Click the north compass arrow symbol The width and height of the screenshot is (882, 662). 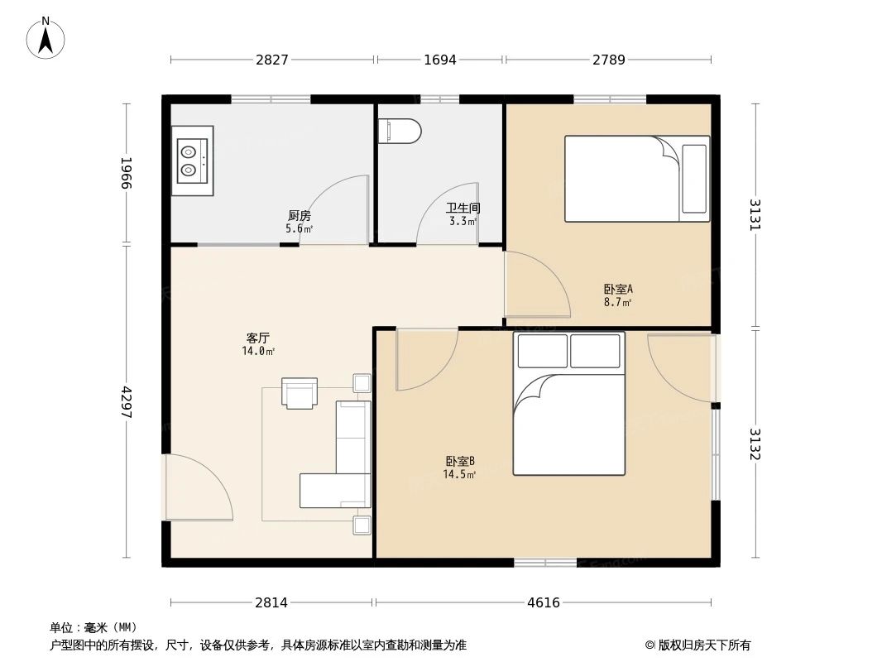tap(46, 39)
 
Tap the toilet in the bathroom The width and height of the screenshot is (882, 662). tap(400, 131)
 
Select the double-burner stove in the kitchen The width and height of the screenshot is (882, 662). tap(193, 161)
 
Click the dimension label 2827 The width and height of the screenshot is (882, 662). tap(272, 60)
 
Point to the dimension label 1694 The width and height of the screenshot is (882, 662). tap(440, 60)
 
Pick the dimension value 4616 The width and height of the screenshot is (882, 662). tap(544, 603)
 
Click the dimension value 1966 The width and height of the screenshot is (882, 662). tap(126, 173)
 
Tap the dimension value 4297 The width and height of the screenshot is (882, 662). tap(126, 402)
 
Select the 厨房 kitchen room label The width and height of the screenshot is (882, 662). tap(300, 215)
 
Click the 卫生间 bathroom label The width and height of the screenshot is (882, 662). tap(463, 208)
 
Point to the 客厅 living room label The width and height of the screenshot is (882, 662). tap(258, 338)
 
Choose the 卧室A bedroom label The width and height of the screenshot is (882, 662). tap(618, 289)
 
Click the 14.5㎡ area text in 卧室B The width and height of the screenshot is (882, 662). tap(459, 474)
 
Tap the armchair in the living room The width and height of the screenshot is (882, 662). tap(300, 392)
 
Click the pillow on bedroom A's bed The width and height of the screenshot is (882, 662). tap(694, 179)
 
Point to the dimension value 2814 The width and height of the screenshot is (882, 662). tap(271, 603)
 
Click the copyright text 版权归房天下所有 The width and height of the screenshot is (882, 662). tap(704, 645)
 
